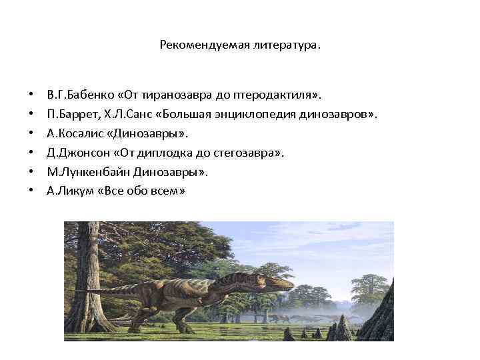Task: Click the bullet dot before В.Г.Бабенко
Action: (32, 95)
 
